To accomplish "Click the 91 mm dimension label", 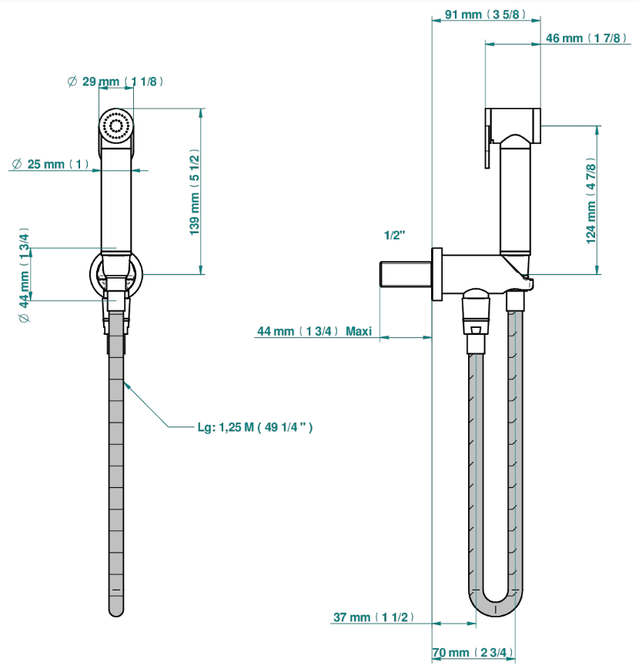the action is coord(485,15).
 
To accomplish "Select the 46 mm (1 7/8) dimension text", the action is coord(586,38).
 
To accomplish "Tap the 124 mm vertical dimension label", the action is coord(591,201).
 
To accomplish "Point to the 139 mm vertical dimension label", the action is coord(195,192).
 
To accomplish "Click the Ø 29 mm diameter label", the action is coord(115,82).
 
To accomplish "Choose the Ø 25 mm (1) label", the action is coord(51,164).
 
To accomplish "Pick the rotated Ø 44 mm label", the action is coord(25,275).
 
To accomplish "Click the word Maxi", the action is coord(359,331).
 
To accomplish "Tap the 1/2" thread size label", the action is coord(394,236).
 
